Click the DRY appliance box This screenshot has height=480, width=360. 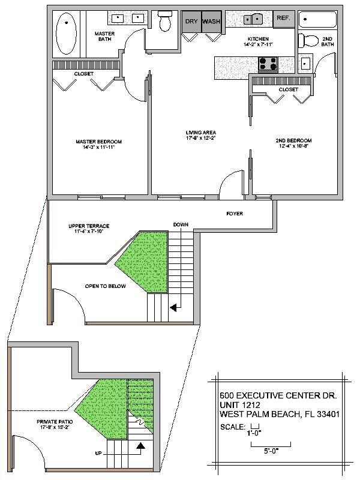point(191,21)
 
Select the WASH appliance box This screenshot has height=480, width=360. point(211,21)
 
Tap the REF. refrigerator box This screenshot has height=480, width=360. point(283,19)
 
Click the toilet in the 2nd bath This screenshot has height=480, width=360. point(309,41)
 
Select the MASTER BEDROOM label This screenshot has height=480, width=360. point(98,142)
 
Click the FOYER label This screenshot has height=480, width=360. point(234,213)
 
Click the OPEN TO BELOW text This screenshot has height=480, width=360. point(105,286)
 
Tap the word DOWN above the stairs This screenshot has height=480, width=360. point(181,224)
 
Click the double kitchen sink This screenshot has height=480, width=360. point(255,19)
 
